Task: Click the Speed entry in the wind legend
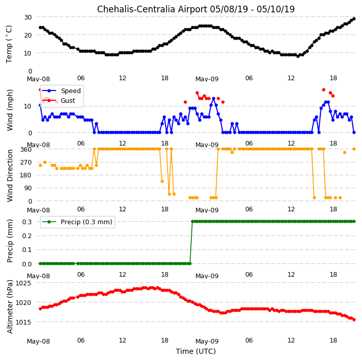(x=70, y=91)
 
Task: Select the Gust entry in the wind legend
(x=68, y=100)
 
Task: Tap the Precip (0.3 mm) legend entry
(x=86, y=222)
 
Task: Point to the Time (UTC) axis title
(x=196, y=351)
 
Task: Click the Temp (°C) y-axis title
(x=9, y=44)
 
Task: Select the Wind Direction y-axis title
(x=10, y=176)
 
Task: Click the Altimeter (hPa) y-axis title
(x=10, y=307)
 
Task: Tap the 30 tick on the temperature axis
(x=28, y=17)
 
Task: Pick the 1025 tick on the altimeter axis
(x=23, y=283)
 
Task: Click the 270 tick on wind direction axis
(x=26, y=163)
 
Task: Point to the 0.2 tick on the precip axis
(x=27, y=236)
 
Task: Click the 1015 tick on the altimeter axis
(x=23, y=322)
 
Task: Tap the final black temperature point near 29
(x=354, y=19)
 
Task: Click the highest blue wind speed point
(x=213, y=99)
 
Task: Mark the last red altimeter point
(x=354, y=319)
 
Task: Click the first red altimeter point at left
(x=41, y=309)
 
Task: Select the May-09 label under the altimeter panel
(x=207, y=341)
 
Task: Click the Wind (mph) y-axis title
(x=10, y=110)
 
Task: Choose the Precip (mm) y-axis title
(x=10, y=241)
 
